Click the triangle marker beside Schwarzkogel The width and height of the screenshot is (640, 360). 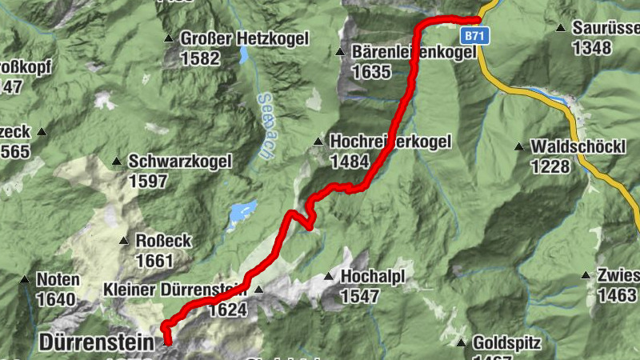(117, 162)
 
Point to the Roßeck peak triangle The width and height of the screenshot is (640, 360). (124, 241)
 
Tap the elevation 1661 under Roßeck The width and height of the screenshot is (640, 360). (154, 261)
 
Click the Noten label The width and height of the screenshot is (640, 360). (58, 280)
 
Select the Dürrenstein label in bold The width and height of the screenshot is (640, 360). (95, 342)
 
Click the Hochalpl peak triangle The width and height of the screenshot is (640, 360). (328, 277)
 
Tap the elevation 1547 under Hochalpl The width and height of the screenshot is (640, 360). (360, 296)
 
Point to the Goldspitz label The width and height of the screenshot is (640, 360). (506, 342)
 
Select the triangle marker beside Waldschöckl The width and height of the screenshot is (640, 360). (519, 147)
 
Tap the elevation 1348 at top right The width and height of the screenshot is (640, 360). (592, 47)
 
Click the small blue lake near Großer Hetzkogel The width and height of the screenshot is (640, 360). (242, 55)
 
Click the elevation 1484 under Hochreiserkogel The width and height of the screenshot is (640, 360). (350, 161)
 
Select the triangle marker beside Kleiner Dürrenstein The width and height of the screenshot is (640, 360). (258, 290)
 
